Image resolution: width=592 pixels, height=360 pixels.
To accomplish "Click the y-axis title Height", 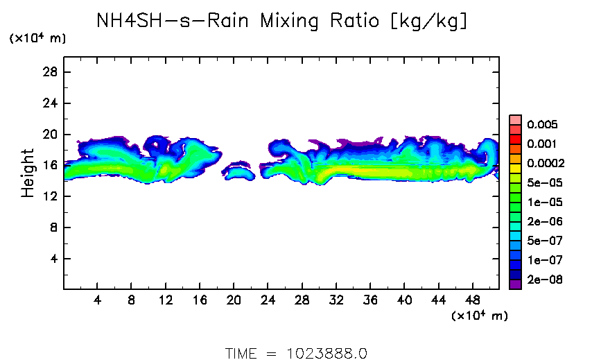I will [x=28, y=173].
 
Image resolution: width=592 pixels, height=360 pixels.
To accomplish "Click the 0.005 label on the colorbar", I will [x=542, y=125].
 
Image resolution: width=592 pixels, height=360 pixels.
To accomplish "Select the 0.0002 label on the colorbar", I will [x=546, y=164].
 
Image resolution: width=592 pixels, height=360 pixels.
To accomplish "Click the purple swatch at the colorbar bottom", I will [x=515, y=284].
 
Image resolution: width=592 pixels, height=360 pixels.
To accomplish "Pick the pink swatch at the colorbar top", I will [x=515, y=120].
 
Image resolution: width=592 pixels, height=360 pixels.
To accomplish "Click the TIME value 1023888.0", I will [x=327, y=352].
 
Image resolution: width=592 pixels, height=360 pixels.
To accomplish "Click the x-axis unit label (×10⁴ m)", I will [x=479, y=316].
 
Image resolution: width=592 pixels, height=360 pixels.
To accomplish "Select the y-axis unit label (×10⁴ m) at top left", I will [x=37, y=39].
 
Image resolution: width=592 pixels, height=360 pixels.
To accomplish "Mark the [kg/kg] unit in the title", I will [x=429, y=22].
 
